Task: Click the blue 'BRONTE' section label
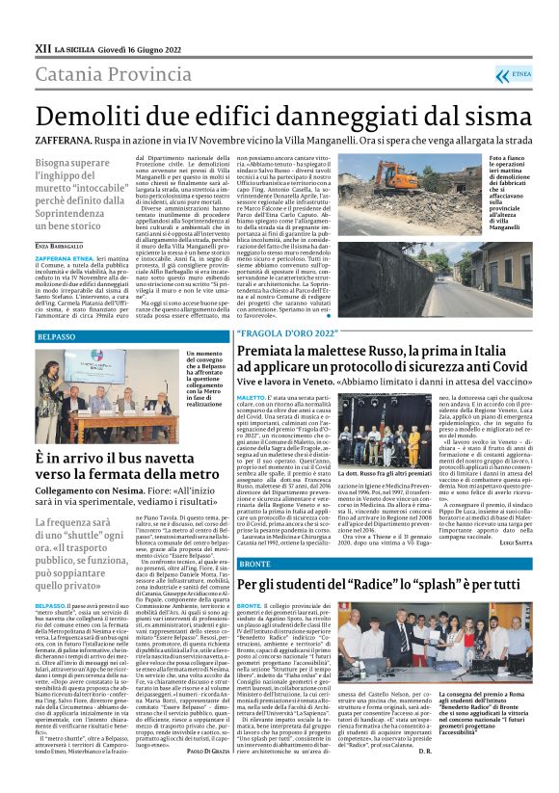[x=255, y=562]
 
